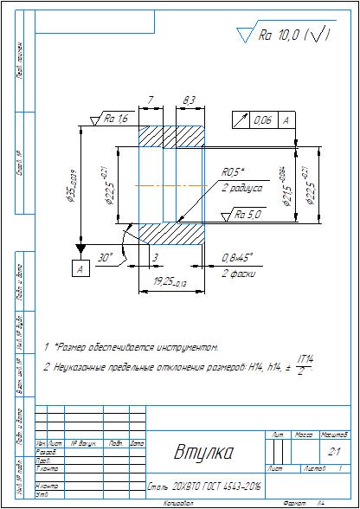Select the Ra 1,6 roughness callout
[116, 119]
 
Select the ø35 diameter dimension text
[74, 184]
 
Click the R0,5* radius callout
[234, 171]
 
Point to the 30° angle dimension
[106, 258]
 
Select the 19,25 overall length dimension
[166, 282]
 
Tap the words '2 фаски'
[235, 274]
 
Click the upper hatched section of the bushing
[169, 136]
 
